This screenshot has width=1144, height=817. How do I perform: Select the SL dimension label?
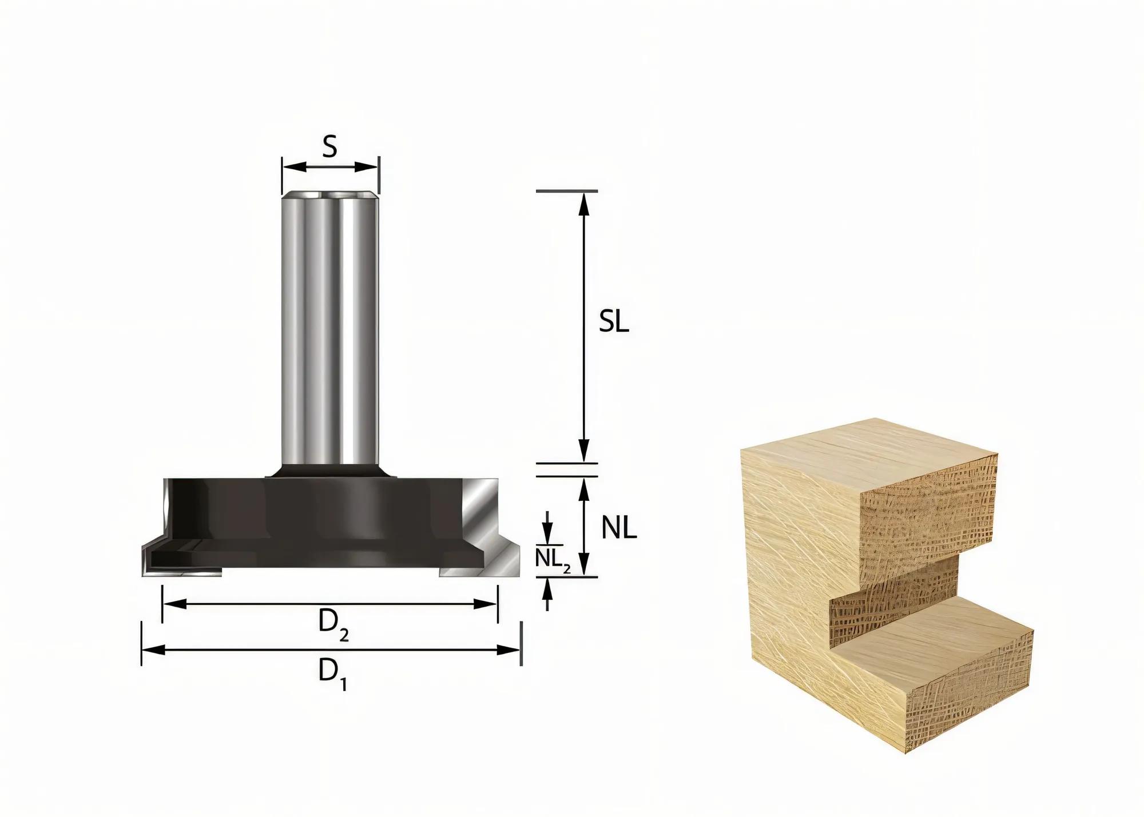click(614, 323)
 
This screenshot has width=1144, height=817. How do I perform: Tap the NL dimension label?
click(619, 528)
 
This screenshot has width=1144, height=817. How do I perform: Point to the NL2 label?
click(552, 559)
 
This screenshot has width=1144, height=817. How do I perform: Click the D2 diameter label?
click(333, 625)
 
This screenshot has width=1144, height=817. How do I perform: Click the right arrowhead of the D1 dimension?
click(509, 650)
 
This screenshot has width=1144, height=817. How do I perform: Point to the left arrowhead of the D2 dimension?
click(174, 603)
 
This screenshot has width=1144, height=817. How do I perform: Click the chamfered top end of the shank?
click(329, 195)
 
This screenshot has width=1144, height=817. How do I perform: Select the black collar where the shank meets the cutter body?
click(329, 471)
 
